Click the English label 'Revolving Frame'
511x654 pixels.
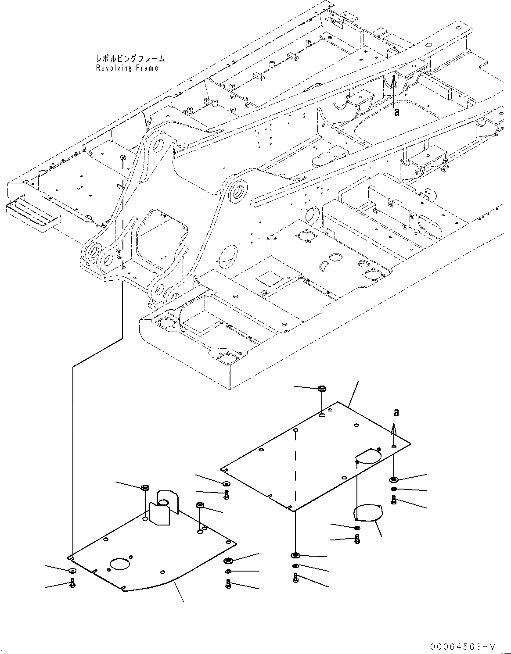pyautogui.click(x=127, y=68)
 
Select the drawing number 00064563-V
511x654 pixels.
pyautogui.click(x=464, y=647)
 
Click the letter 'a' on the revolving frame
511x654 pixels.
pyautogui.click(x=396, y=112)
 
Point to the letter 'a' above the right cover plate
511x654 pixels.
pyautogui.click(x=396, y=413)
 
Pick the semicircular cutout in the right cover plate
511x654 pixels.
pyautogui.click(x=368, y=456)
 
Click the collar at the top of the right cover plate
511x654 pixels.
pyautogui.click(x=322, y=389)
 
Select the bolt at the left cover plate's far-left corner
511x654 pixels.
pyautogui.click(x=72, y=583)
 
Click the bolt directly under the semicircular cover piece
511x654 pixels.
pyautogui.click(x=357, y=538)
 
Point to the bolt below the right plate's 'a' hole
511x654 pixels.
pyautogui.click(x=394, y=499)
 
